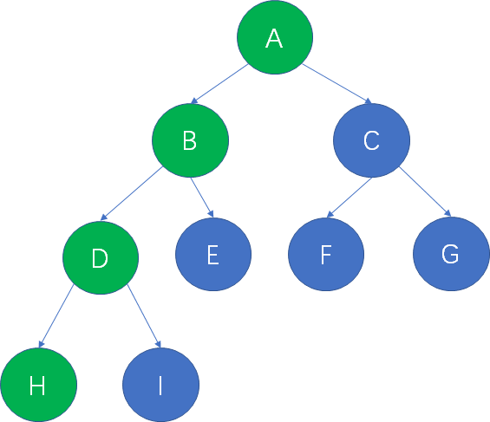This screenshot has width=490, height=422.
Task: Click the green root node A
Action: click(x=275, y=37)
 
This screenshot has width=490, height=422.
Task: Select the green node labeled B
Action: click(x=190, y=140)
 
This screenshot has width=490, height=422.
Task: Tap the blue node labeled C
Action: click(x=371, y=140)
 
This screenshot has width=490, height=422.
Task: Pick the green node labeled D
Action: click(x=101, y=257)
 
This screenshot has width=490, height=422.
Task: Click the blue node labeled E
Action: click(x=213, y=255)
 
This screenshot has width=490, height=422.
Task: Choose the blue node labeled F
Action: click(x=326, y=255)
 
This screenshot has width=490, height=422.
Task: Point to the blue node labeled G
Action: click(x=451, y=254)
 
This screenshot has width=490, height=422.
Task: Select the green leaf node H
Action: click(x=39, y=385)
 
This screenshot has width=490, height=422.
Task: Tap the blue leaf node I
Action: click(x=161, y=385)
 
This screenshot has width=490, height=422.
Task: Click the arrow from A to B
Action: click(x=219, y=84)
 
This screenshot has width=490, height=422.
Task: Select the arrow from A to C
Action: click(x=337, y=83)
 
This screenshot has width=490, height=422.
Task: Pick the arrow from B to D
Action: click(x=132, y=193)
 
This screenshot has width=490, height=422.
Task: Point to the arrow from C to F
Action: click(x=350, y=198)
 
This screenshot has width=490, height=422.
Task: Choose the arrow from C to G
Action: click(x=425, y=192)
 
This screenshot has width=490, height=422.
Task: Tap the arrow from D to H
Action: click(x=56, y=316)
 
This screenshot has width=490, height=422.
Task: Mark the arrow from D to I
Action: click(x=144, y=316)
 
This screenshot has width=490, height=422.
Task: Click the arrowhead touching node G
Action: click(x=448, y=213)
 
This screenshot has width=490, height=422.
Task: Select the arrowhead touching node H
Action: click(x=41, y=344)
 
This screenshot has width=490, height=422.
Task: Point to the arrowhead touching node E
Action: click(x=211, y=214)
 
